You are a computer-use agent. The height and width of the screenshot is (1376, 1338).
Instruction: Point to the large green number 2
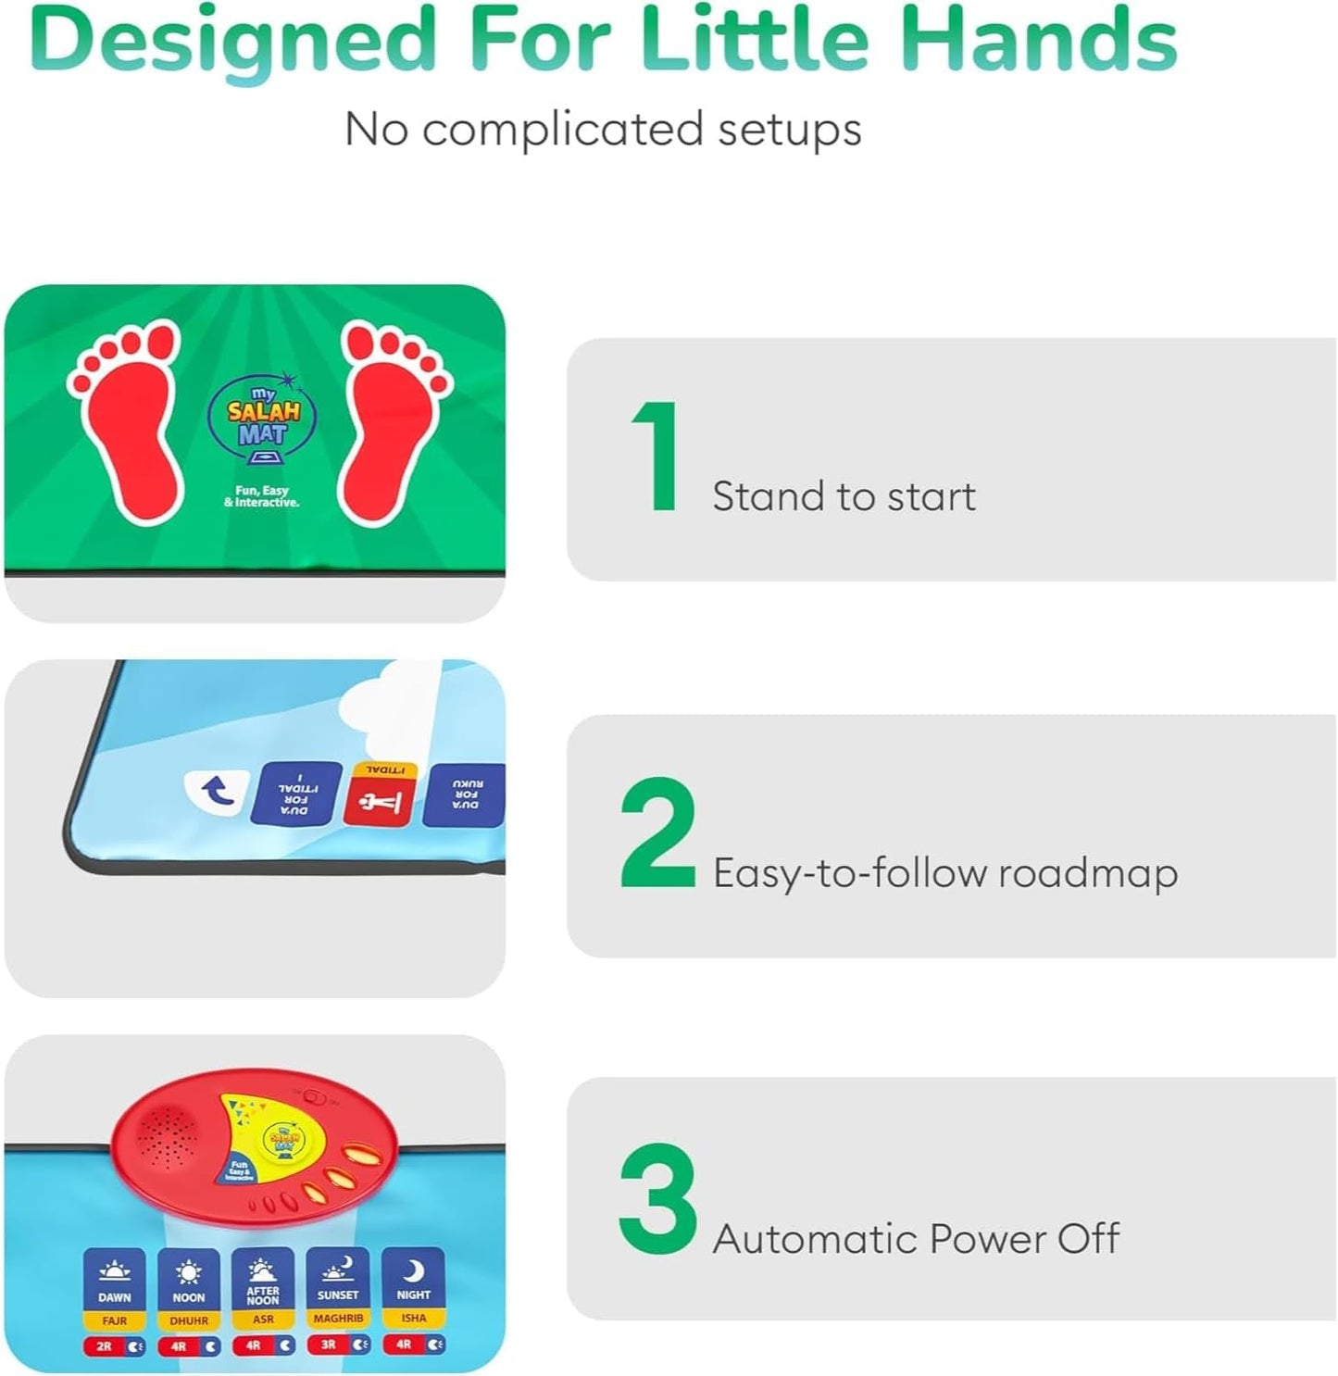pos(657,833)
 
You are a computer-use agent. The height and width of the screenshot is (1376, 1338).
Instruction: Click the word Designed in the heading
pos(231,43)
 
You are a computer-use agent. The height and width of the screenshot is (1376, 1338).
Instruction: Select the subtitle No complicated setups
pos(603,129)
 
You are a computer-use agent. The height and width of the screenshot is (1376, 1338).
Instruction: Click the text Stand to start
pos(844,497)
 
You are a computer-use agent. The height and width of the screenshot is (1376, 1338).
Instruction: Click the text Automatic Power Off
pos(916,1239)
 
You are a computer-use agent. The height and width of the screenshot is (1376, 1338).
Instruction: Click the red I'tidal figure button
pos(380,798)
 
